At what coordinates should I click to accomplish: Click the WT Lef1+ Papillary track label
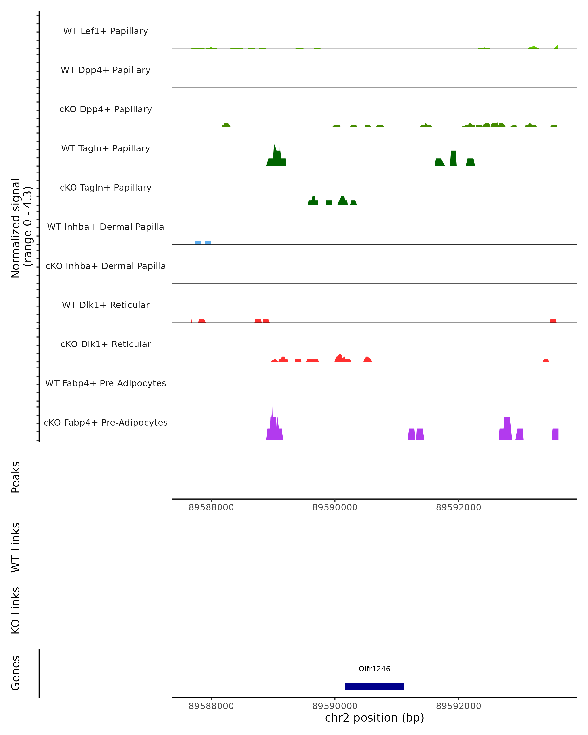(x=106, y=31)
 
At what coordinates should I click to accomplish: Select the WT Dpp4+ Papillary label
(x=106, y=70)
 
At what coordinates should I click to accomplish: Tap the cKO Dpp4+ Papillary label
(x=106, y=110)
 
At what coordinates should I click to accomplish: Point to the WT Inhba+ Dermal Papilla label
(x=106, y=227)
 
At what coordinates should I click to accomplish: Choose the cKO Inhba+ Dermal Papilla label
(x=106, y=266)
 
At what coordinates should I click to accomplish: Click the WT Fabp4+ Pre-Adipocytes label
(x=106, y=383)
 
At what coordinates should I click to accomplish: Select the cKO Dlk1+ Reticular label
(x=106, y=344)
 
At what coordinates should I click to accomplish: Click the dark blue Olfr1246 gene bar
(x=374, y=686)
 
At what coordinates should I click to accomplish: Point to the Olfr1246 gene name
(x=374, y=669)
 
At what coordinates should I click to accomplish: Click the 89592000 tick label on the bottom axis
(x=458, y=706)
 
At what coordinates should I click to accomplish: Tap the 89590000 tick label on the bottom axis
(x=335, y=706)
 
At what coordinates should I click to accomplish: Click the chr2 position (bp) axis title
(x=374, y=718)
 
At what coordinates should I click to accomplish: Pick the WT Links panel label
(x=16, y=547)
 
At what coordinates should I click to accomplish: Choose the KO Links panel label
(x=16, y=610)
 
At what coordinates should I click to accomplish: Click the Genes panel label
(x=16, y=673)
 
